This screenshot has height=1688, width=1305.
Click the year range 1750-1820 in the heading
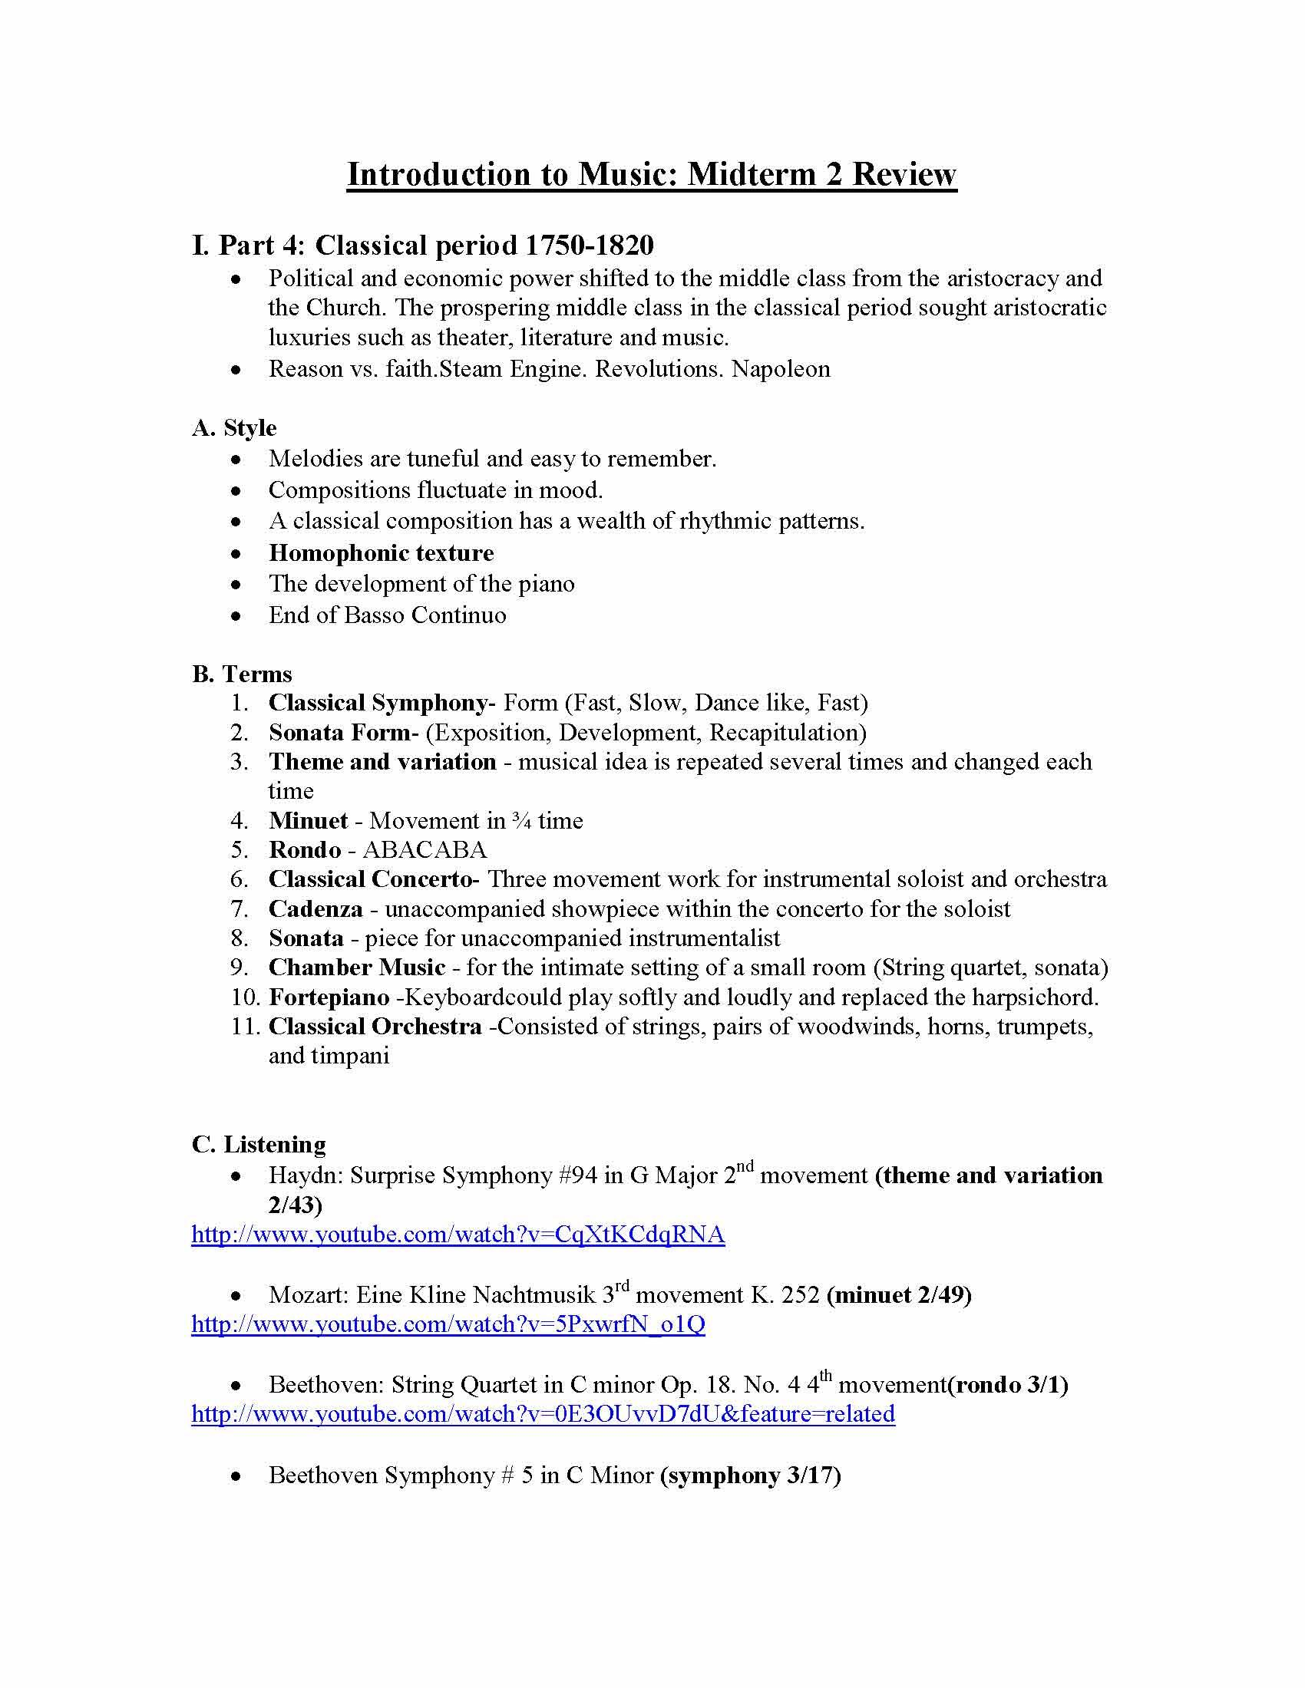tap(589, 246)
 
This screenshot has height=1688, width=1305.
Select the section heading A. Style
tap(233, 427)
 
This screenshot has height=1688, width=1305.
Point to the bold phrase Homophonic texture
tap(382, 552)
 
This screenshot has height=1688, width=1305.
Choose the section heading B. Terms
tap(241, 674)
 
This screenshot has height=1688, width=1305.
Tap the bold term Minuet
tap(308, 820)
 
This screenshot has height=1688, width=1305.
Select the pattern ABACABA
tap(425, 849)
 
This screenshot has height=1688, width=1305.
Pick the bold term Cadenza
tap(316, 908)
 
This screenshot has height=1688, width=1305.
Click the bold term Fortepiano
tap(329, 997)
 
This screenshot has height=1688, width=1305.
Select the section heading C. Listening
tap(258, 1144)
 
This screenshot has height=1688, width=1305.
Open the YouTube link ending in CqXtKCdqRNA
tap(458, 1235)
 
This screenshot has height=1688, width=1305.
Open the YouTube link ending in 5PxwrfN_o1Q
tap(448, 1324)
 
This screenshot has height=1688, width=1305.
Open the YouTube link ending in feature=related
tap(543, 1413)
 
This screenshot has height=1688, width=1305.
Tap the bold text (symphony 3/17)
tap(750, 1475)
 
